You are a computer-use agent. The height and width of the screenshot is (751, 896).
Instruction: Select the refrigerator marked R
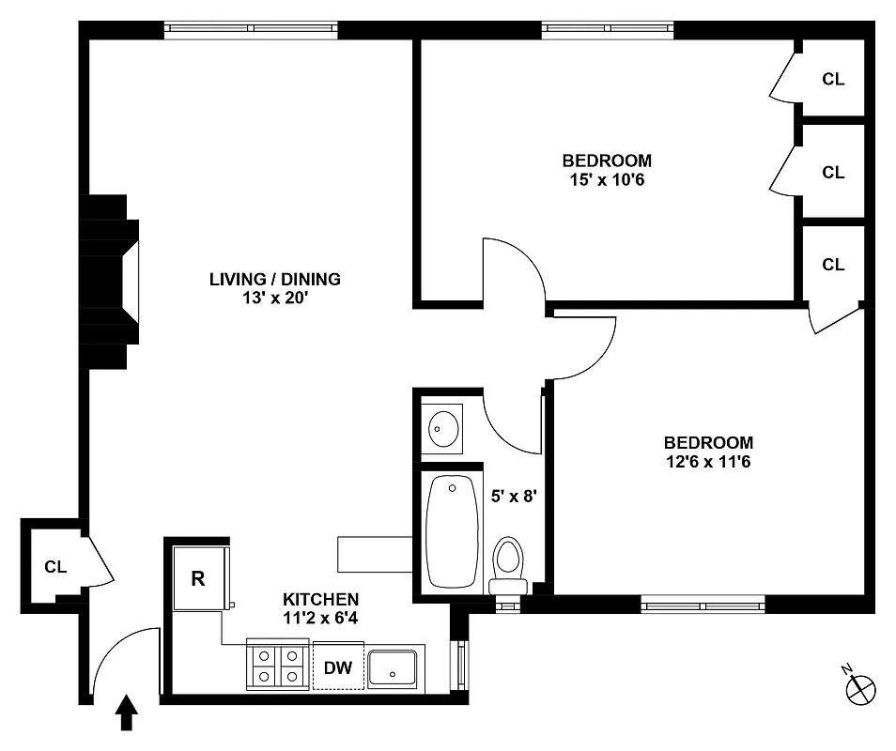[x=198, y=578]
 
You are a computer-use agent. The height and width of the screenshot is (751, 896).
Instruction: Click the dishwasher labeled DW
[x=338, y=667]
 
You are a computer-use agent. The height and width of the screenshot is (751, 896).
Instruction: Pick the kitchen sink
[x=394, y=667]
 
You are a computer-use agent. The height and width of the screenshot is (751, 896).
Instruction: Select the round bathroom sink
[x=442, y=430]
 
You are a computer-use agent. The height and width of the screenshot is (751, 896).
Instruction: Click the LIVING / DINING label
[x=274, y=279]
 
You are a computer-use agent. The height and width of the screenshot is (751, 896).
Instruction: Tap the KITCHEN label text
[x=320, y=599]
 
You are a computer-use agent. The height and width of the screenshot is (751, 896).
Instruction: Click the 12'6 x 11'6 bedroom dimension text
[x=708, y=461]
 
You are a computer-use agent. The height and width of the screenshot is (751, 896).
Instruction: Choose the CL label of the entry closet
[x=55, y=567]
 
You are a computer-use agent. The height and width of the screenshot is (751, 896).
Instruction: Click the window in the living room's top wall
[x=251, y=29]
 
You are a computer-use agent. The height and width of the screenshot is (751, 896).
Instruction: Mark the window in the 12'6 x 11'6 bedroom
[x=703, y=604]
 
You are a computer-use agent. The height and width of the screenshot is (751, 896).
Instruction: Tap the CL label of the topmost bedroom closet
[x=833, y=79]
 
